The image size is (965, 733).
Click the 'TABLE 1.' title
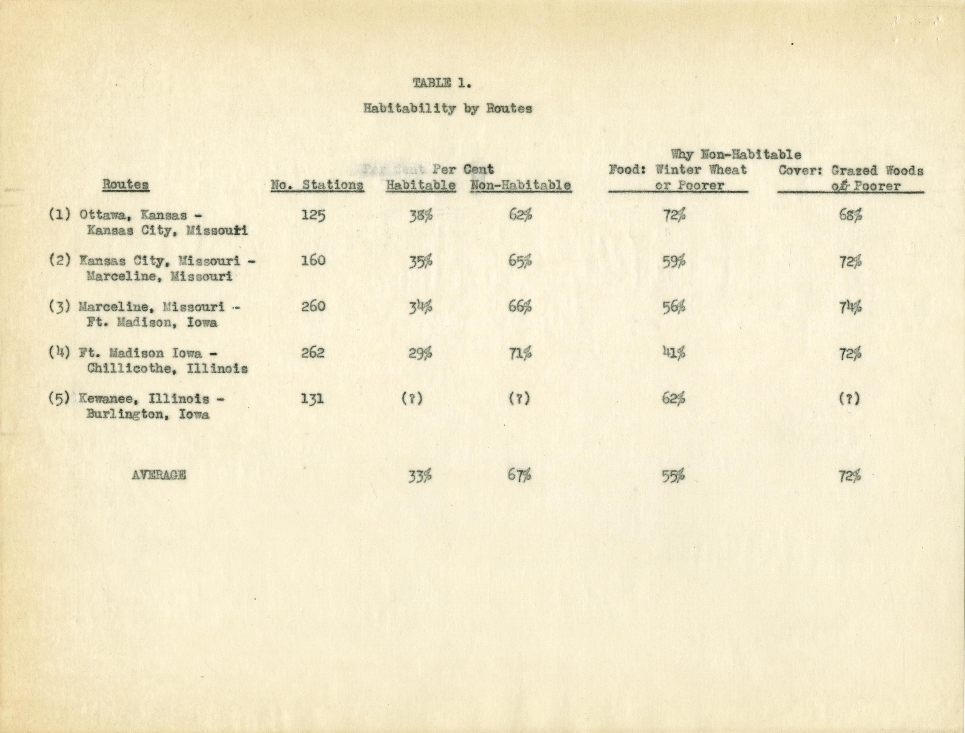pos(442,83)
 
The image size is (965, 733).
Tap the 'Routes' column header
pos(126,184)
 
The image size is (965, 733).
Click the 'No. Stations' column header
pos(317,185)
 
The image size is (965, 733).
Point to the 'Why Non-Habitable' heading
pos(736,154)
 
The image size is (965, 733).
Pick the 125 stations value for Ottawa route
pos(313,215)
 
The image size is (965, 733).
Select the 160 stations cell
pos(313,261)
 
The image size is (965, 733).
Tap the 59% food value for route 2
pos(674,262)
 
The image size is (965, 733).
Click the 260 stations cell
pos(313,307)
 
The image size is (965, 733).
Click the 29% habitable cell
pos(420,353)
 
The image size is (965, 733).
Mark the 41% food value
pos(674,353)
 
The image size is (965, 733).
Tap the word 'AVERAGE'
pos(158,475)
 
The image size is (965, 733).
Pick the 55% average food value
pos(673,476)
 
